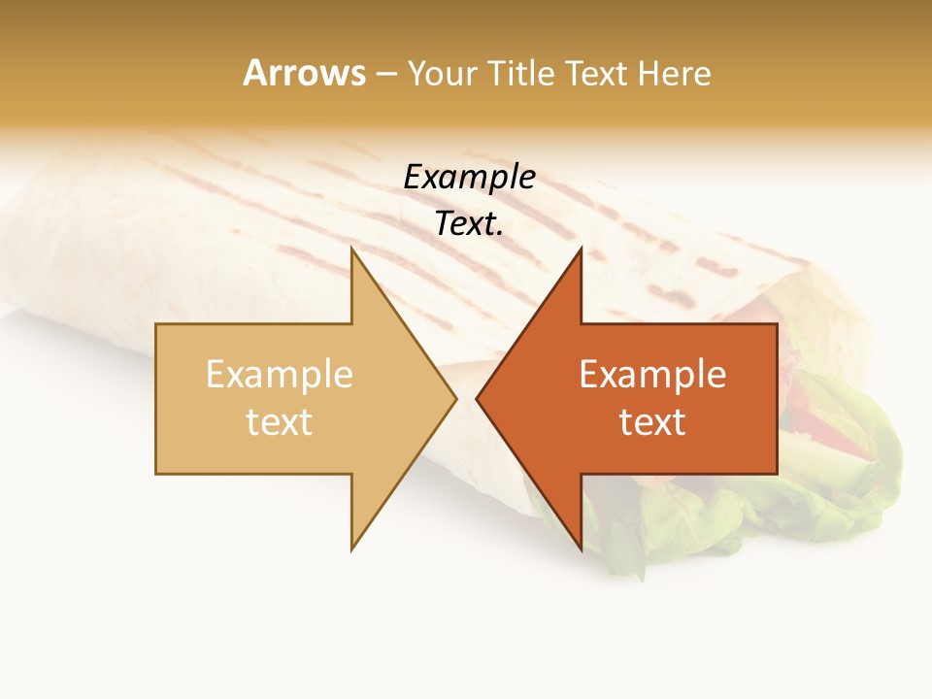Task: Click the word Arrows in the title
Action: tap(304, 73)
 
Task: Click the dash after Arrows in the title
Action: tap(385, 74)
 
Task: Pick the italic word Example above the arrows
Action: tap(469, 178)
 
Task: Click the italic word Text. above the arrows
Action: tap(469, 224)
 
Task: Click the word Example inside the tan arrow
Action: tap(279, 375)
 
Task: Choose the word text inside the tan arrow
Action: tap(279, 422)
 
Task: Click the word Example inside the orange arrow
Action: tap(652, 375)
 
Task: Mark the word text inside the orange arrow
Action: tap(652, 422)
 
